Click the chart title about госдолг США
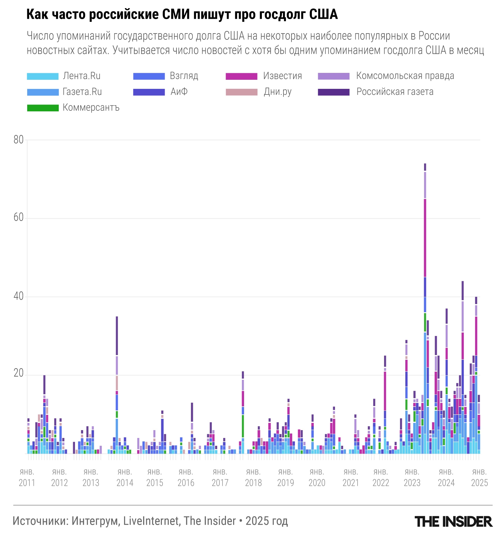click(182, 15)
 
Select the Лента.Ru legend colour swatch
click(43, 76)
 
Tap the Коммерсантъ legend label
click(91, 108)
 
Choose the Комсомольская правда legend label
click(405, 76)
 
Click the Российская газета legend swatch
click(333, 92)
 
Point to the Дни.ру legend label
click(277, 92)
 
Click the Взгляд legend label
click(184, 76)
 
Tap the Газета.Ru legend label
click(82, 92)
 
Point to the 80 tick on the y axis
click(19, 140)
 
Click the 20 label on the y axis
click(19, 373)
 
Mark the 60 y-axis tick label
click(19, 217)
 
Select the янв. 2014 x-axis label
click(125, 477)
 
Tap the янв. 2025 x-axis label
click(479, 477)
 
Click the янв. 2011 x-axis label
click(27, 477)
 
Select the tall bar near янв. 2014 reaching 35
click(117, 385)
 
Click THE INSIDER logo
click(453, 521)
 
